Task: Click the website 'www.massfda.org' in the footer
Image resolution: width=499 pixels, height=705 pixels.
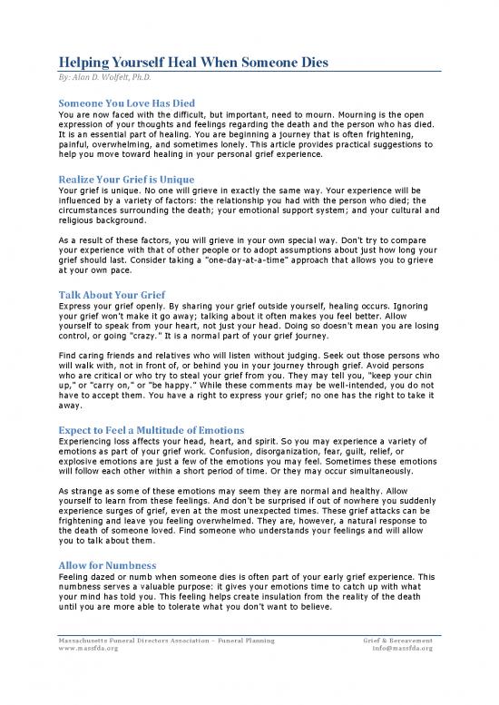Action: (x=86, y=649)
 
